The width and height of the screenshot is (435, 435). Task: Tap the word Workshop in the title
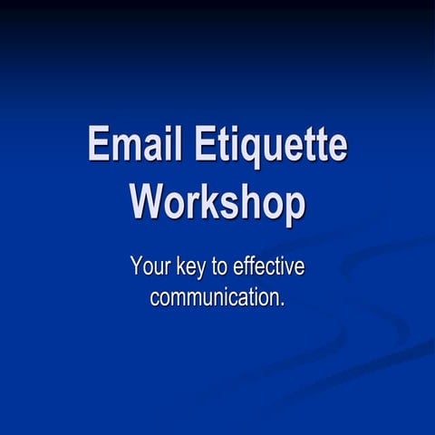click(x=217, y=200)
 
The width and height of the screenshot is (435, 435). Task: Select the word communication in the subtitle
click(x=214, y=296)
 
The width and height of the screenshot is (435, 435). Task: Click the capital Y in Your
click(x=137, y=267)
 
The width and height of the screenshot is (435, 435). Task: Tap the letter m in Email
click(x=125, y=148)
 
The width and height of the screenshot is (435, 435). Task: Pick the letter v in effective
click(x=291, y=269)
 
